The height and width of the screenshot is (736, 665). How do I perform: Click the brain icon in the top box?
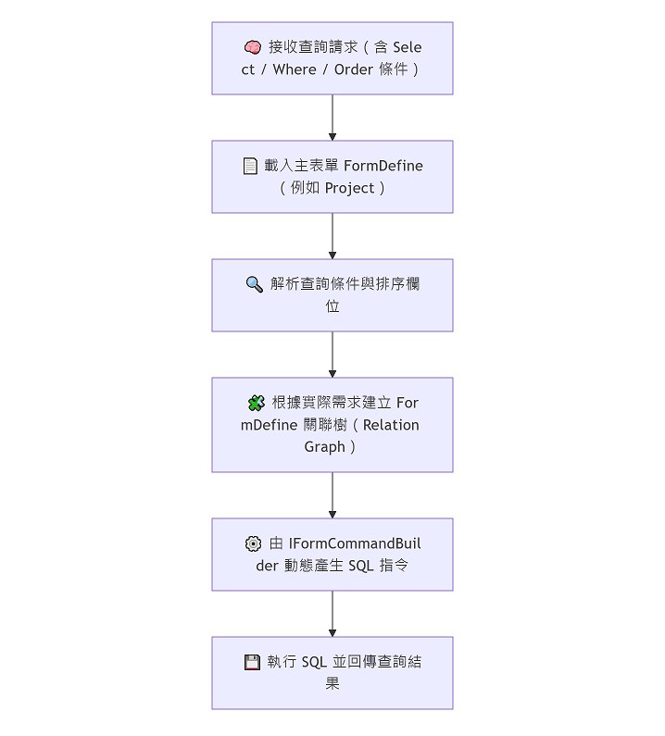click(252, 47)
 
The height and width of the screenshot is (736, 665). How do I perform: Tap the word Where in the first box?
click(295, 69)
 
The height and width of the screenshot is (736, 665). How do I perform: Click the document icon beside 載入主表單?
click(250, 166)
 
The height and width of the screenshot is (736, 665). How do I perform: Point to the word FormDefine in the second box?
click(383, 166)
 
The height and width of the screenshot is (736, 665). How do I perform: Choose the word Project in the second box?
click(350, 188)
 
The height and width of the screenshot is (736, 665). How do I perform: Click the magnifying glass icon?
click(254, 284)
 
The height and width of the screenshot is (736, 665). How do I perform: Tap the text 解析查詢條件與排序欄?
click(345, 284)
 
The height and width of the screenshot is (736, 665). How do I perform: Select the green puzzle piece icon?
click(257, 403)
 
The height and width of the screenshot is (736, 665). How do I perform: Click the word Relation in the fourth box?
click(391, 425)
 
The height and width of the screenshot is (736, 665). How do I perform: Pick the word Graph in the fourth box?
click(324, 447)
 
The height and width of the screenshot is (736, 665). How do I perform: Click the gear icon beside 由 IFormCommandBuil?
click(253, 543)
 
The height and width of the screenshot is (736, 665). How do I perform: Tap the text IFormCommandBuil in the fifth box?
click(355, 543)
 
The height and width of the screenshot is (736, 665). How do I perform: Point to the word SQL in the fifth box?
click(360, 566)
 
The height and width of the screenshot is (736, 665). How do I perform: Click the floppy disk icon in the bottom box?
click(251, 662)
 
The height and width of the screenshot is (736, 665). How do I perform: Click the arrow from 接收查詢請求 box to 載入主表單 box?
click(332, 118)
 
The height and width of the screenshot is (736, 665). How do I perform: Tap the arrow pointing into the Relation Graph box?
click(332, 355)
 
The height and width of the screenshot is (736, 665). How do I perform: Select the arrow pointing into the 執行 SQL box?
click(332, 614)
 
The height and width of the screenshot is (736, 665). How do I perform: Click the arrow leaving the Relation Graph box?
click(332, 495)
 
